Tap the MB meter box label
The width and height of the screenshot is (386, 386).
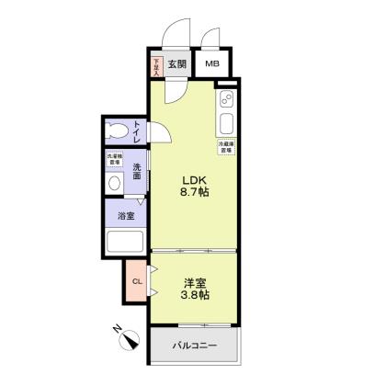[x=212, y=64]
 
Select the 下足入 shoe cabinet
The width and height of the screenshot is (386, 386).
[x=157, y=65]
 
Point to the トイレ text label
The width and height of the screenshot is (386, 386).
[x=137, y=131]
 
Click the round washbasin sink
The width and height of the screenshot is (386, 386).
[x=114, y=183]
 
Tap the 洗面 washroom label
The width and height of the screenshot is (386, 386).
[x=136, y=173]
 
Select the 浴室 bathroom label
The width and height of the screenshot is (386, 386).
[x=126, y=216]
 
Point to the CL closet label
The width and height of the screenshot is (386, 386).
[x=136, y=281]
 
